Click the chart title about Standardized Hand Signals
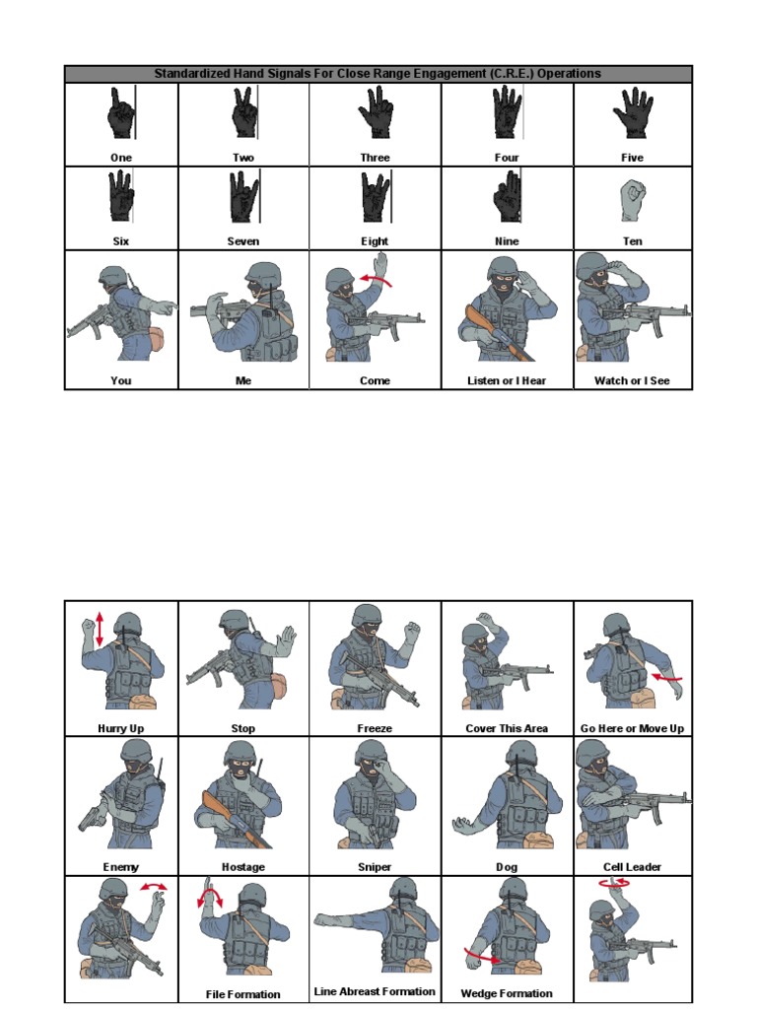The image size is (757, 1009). click(x=378, y=74)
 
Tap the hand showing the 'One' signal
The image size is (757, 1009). click(x=120, y=114)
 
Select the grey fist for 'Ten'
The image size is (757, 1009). click(x=632, y=200)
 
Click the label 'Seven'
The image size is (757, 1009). click(x=242, y=241)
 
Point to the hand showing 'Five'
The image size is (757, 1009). click(x=632, y=113)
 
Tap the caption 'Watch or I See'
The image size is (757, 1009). click(x=632, y=380)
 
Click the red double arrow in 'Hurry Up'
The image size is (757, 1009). click(x=100, y=628)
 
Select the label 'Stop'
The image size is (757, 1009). click(x=242, y=728)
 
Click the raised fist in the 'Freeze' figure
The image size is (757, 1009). click(x=411, y=632)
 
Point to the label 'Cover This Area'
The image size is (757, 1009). click(x=506, y=728)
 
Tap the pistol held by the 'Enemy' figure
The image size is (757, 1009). click(x=91, y=818)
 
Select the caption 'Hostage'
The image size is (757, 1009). click(x=242, y=867)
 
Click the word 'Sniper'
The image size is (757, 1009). click(x=375, y=867)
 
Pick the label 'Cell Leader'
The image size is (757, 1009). click(x=632, y=867)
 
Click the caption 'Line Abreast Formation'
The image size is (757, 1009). click(x=375, y=991)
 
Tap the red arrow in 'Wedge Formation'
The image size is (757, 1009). click(x=483, y=956)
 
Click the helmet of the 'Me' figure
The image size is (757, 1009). click(x=262, y=273)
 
